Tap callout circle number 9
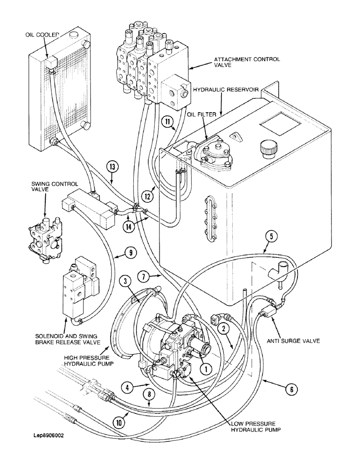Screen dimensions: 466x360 pyautogui.click(x=131, y=253)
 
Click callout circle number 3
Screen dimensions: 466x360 pyautogui.click(x=125, y=281)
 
